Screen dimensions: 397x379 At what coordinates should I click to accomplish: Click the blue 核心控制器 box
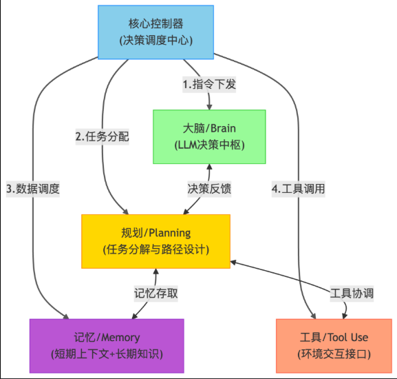[155, 32]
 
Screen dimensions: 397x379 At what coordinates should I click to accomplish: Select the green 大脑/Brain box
[209, 137]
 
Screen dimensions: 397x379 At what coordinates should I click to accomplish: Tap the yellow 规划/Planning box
[155, 241]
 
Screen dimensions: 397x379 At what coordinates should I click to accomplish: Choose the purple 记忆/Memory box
[107, 346]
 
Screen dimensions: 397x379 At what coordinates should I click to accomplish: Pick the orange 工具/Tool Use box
[334, 346]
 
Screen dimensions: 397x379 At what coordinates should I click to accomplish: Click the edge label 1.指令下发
[209, 84]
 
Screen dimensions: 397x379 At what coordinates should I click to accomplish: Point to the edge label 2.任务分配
[103, 136]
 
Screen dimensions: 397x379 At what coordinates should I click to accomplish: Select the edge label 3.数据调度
[33, 189]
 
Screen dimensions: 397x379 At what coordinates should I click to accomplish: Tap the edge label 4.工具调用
[298, 189]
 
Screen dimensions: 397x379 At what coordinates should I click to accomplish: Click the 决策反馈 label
[209, 189]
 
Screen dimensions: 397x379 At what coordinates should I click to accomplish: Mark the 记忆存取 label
[156, 294]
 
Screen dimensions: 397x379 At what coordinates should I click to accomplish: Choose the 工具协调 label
[352, 294]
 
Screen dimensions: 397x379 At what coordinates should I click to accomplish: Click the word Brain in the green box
[223, 129]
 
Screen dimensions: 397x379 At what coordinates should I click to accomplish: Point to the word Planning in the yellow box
[170, 234]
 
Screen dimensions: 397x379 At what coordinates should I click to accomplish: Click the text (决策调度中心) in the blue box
[156, 40]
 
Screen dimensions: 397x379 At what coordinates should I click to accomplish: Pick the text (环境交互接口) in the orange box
[334, 354]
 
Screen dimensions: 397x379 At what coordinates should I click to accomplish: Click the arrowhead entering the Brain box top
[209, 107]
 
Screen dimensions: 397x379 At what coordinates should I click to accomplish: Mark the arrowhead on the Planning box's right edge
[233, 263]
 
